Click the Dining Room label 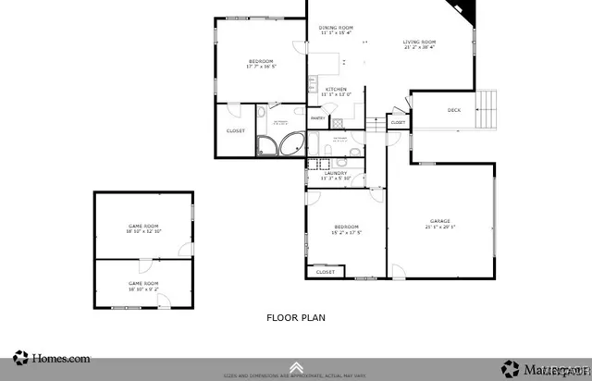point(337,29)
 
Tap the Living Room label point(418,43)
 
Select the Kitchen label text point(335,90)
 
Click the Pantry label point(316,118)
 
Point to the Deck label point(454,111)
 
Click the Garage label point(439,221)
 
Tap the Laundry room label point(336,173)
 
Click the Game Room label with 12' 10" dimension point(143,227)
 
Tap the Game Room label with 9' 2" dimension point(143,284)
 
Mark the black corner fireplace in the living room point(467,12)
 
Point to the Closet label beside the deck point(398,122)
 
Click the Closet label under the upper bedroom point(236,130)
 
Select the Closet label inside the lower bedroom point(326,272)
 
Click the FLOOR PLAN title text point(295,317)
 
